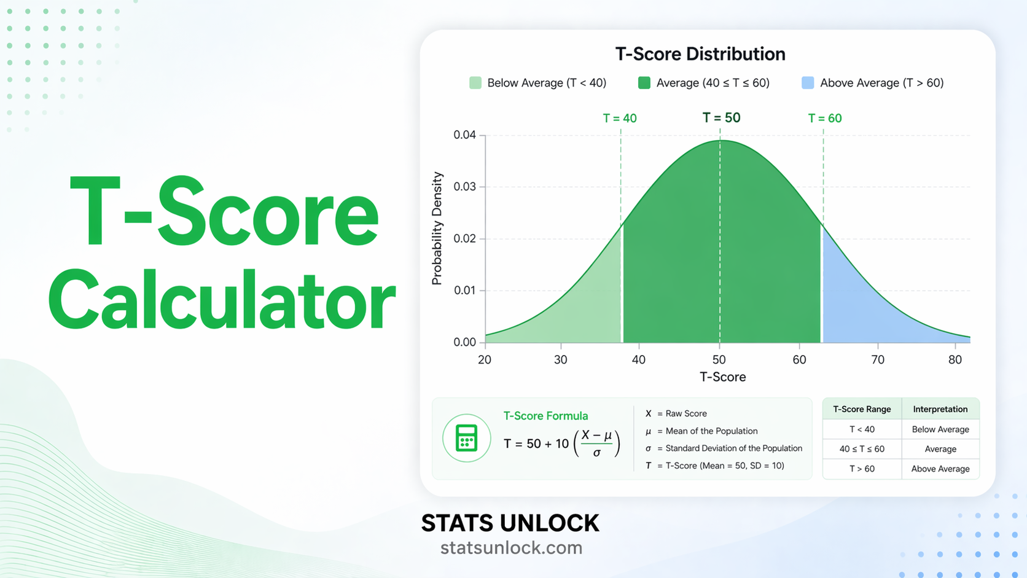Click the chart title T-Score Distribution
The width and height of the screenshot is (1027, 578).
700,54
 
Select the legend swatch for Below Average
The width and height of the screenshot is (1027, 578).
475,83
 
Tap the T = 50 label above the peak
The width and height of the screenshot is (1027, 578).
721,118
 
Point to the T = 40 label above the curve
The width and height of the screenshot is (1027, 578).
619,118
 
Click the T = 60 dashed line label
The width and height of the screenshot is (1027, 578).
824,118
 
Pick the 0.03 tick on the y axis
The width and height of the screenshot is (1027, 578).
464,187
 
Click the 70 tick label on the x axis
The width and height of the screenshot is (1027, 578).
878,360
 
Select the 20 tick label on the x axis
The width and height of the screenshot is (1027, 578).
485,360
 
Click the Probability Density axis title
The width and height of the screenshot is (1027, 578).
437,228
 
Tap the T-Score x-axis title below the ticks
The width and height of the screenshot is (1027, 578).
722,377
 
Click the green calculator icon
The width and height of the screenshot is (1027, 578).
466,439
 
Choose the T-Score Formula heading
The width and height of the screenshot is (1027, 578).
545,416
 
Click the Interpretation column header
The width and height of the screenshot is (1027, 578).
940,409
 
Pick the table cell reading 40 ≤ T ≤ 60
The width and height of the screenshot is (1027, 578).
862,449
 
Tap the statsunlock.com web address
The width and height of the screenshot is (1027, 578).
511,548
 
